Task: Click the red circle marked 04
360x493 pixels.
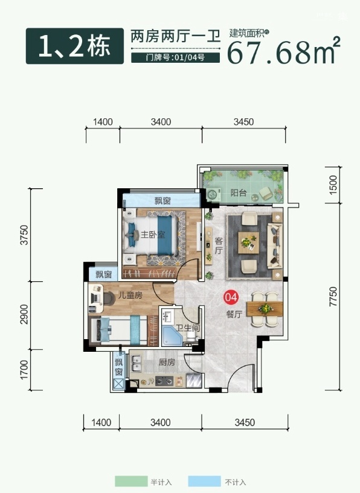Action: point(231,297)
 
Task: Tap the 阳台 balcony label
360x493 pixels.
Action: point(238,192)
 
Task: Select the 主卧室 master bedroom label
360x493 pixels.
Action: point(153,234)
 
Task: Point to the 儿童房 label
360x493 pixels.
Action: point(130,295)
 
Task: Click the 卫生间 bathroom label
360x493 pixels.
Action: point(188,328)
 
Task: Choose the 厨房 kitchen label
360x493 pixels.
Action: point(167,362)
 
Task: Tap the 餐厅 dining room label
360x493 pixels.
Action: point(234,314)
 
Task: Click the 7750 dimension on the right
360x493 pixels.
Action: point(333,296)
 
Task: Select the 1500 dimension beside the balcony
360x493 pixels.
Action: point(333,185)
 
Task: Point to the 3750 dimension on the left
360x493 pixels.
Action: point(24,235)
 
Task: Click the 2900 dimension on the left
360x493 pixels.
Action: point(24,314)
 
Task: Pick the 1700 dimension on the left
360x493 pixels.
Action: point(24,370)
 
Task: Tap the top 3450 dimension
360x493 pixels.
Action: point(243,122)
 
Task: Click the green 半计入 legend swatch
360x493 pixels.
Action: point(131,482)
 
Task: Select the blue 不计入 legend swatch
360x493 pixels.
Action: point(205,482)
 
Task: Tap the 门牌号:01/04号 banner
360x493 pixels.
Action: point(175,57)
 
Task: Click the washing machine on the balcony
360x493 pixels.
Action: point(214,195)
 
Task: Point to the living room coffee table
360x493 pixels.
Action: point(249,243)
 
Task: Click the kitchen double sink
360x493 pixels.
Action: point(137,363)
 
